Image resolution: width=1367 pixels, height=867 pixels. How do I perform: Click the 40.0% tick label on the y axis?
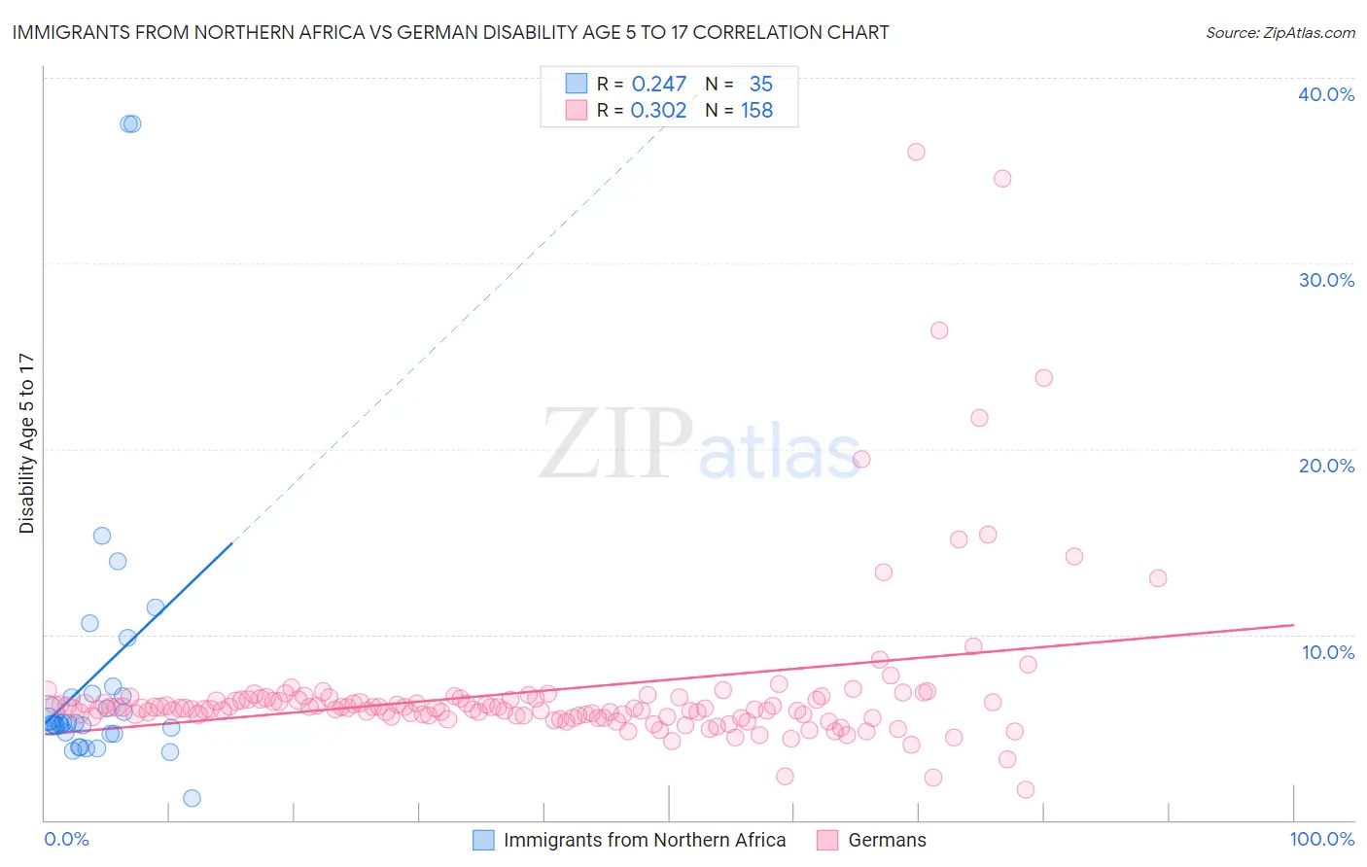click(1326, 94)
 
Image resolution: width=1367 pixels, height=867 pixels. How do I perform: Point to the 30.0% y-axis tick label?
click(1326, 280)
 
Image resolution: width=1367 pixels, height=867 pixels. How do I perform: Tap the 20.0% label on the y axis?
click(1326, 466)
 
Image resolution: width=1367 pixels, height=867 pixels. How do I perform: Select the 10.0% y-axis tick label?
click(1328, 652)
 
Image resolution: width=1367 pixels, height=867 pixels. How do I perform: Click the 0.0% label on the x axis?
click(66, 839)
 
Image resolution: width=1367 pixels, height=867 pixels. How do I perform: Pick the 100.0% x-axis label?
click(1321, 839)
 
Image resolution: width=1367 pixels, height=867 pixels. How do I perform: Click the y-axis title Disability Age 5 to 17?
click(26, 443)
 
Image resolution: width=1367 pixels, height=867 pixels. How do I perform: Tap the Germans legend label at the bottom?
click(887, 840)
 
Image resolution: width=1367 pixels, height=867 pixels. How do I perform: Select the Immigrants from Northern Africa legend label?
click(645, 840)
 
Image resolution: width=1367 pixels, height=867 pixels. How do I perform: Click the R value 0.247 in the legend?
click(659, 85)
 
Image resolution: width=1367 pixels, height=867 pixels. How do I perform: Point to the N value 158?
click(756, 111)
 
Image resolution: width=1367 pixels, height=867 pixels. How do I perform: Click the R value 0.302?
click(658, 111)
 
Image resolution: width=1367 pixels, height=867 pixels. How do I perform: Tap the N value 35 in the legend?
click(760, 85)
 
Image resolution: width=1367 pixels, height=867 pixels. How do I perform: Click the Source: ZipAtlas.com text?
click(1279, 33)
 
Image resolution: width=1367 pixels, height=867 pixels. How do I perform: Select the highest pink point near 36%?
click(916, 152)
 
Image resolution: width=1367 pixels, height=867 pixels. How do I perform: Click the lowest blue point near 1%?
click(192, 798)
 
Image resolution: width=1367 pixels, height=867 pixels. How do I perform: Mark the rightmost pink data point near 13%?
click(1158, 578)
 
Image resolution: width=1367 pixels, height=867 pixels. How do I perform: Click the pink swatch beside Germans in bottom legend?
click(827, 840)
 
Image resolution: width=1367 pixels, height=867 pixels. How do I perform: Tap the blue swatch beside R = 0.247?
click(577, 84)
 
